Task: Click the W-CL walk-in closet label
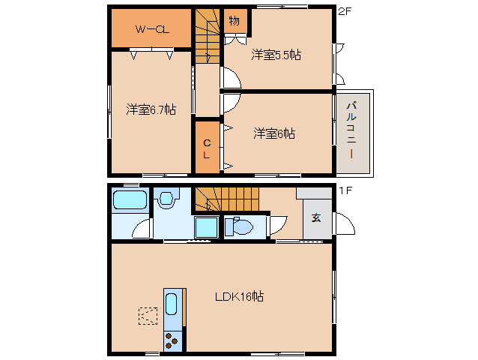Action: (x=151, y=29)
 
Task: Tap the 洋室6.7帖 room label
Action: (x=151, y=109)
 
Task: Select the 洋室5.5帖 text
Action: (x=276, y=55)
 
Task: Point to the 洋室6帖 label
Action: (x=273, y=133)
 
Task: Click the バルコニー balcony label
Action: (x=351, y=128)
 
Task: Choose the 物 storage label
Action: (x=234, y=20)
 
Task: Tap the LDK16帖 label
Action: (x=239, y=296)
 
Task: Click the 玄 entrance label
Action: (x=316, y=218)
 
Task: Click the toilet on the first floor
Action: (x=240, y=226)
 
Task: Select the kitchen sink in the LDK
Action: (x=172, y=306)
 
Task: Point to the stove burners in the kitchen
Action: (x=172, y=339)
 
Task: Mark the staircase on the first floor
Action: (x=226, y=199)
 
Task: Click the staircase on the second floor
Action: (x=208, y=36)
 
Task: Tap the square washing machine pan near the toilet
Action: (x=205, y=228)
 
